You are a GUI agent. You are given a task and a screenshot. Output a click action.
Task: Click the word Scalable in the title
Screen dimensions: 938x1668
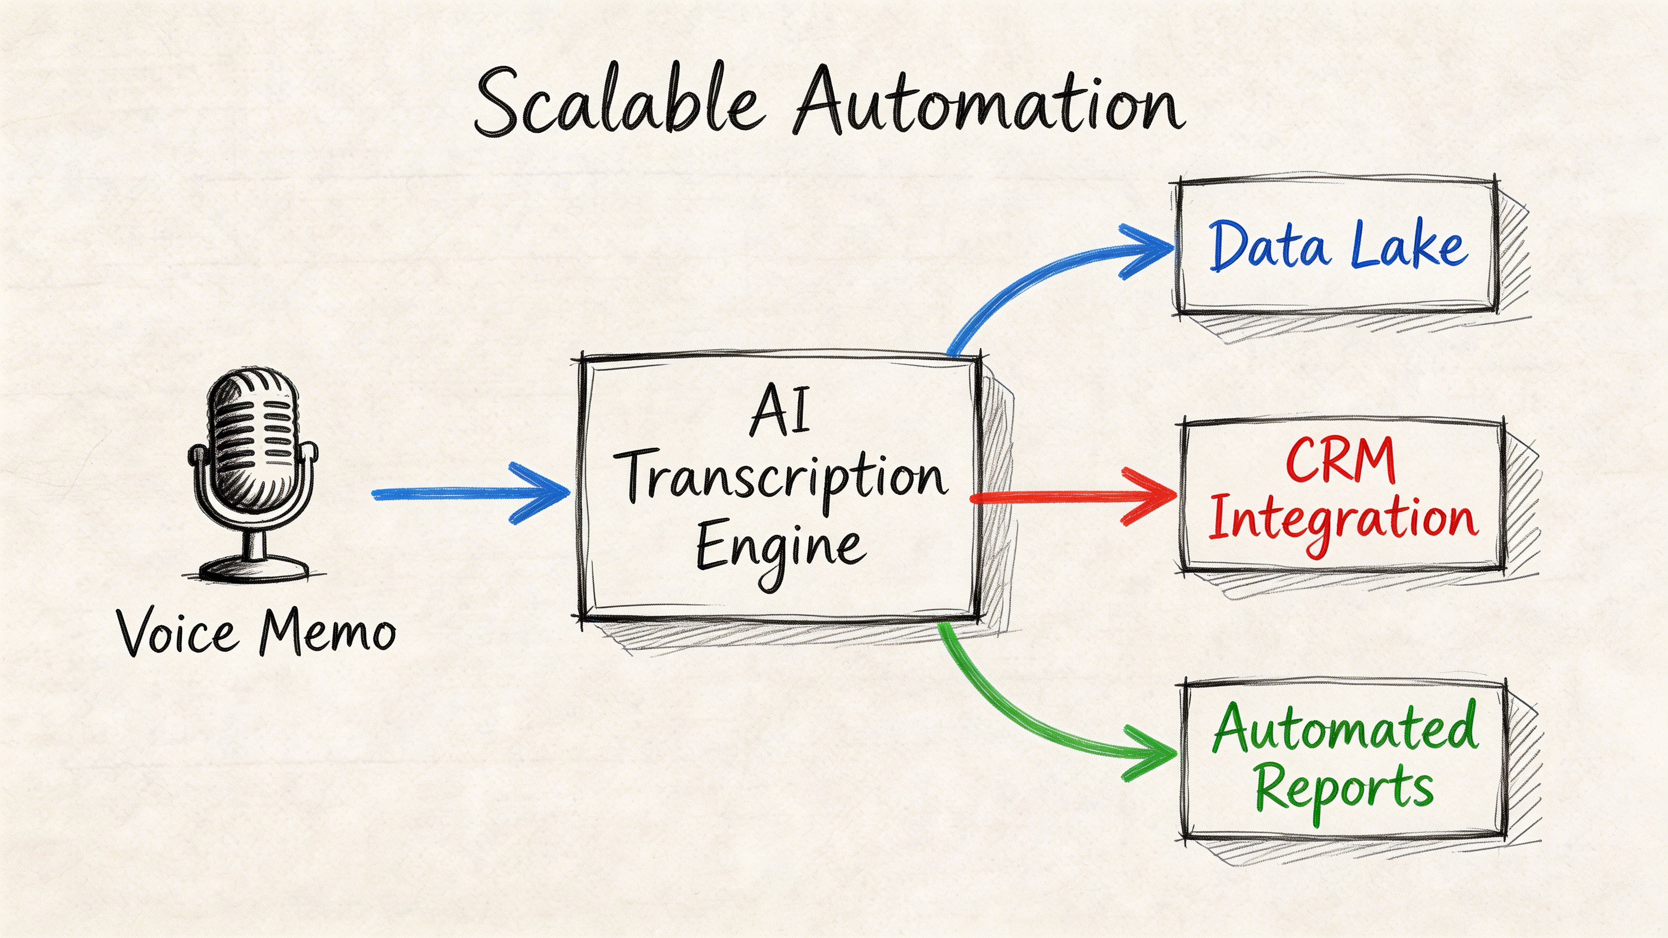[615, 103]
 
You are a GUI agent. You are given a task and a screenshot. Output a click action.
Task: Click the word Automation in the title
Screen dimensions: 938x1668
[988, 103]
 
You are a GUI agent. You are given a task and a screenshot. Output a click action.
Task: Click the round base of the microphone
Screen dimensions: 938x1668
[254, 570]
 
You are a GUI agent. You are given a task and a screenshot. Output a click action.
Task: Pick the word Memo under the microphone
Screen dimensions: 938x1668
[327, 631]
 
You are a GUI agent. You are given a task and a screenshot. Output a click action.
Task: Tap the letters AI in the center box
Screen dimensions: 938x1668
[780, 411]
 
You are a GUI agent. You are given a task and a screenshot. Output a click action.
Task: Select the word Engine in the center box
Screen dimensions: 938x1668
[780, 550]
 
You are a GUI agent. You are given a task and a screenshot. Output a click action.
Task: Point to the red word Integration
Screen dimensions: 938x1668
[1343, 521]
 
